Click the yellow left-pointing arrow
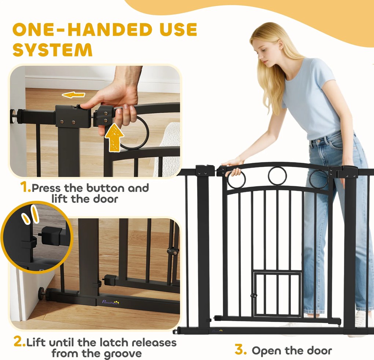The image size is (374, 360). (73, 95)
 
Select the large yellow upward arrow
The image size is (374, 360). (114, 137)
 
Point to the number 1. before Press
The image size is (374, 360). (26, 187)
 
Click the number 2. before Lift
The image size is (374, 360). (19, 342)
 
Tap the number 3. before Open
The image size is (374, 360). (241, 350)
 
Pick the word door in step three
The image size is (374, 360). (319, 350)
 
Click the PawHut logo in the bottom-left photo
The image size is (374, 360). (110, 302)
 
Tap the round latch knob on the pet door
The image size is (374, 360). (253, 296)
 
